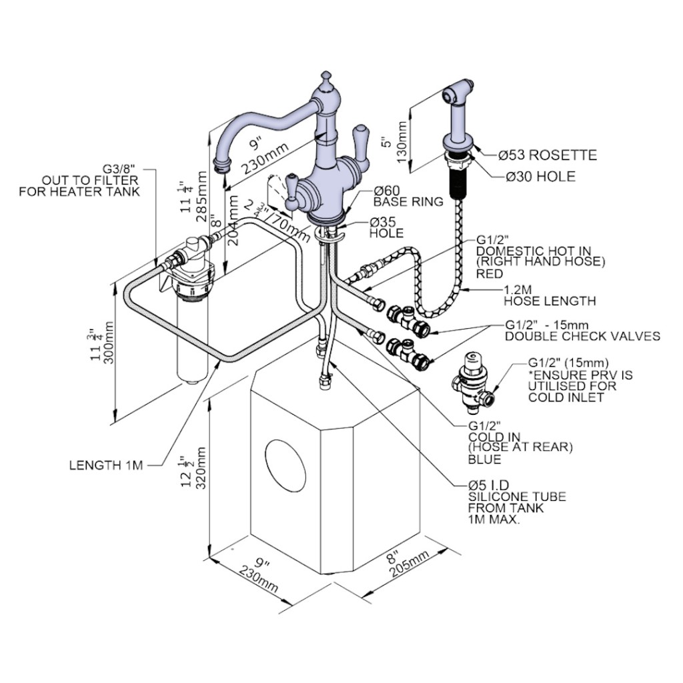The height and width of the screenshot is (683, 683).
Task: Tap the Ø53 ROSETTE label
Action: pos(548,155)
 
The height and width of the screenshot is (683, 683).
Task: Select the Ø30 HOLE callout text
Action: pos(540,176)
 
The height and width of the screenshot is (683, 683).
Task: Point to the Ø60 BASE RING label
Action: pos(408,196)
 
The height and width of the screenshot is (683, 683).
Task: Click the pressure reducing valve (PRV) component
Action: pos(472,384)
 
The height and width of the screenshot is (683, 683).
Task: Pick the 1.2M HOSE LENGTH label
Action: pos(550,295)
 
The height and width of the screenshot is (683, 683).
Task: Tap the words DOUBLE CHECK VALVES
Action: pos(582,336)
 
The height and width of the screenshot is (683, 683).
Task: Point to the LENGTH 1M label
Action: pos(106,465)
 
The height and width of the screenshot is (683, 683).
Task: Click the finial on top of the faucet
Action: pos(325,80)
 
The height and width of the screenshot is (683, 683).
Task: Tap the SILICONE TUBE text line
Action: pos(517,496)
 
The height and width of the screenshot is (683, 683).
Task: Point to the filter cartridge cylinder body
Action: pos(192,339)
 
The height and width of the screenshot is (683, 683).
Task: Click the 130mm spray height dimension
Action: pos(402,141)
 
